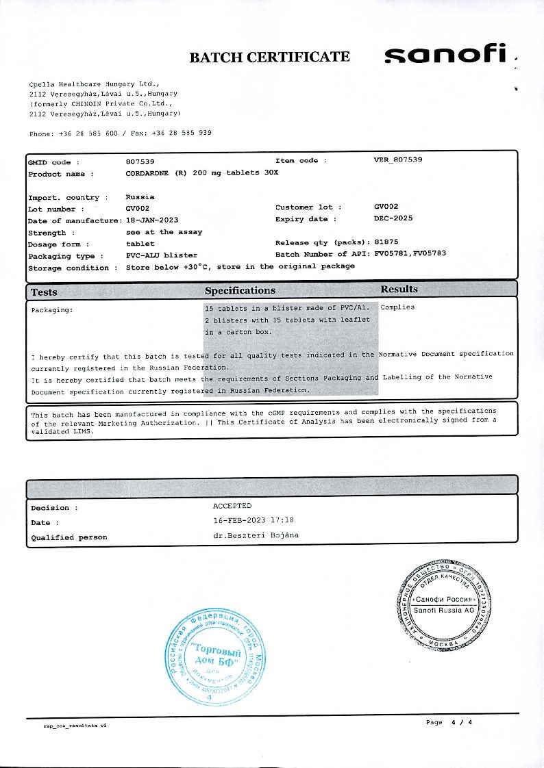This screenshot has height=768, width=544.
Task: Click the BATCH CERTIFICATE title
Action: tap(269, 57)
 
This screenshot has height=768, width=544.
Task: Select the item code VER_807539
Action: tap(398, 159)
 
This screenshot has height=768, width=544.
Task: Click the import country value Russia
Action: tap(140, 197)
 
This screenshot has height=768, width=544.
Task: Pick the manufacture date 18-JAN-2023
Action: tap(152, 220)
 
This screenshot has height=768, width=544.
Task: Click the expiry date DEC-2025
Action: tap(393, 218)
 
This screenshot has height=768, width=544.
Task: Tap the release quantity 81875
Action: tap(386, 242)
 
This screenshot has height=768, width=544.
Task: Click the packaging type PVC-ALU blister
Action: tap(161, 255)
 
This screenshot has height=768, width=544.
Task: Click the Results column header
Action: tap(399, 289)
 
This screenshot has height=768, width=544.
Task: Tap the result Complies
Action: tap(397, 307)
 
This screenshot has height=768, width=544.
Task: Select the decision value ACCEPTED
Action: tap(232, 506)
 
